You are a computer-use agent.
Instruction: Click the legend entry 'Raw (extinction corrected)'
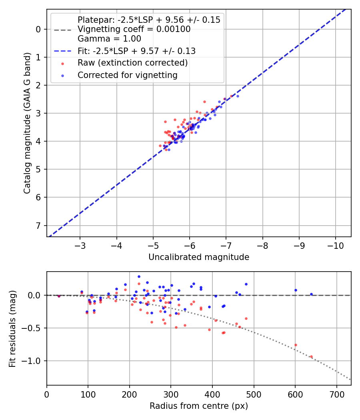click(x=132, y=63)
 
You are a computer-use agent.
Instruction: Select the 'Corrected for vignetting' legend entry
click(x=127, y=75)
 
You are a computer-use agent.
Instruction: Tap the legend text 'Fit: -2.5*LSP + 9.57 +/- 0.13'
click(x=136, y=51)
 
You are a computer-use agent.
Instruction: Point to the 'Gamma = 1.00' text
click(x=109, y=39)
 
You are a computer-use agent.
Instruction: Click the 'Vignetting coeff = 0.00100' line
click(x=134, y=29)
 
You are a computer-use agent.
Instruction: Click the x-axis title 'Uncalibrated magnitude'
click(x=199, y=257)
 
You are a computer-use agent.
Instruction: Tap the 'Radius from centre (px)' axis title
click(x=199, y=406)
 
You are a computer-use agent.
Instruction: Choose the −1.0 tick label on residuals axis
click(x=33, y=361)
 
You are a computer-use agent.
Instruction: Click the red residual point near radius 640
click(x=311, y=357)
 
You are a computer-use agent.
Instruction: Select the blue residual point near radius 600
click(x=296, y=290)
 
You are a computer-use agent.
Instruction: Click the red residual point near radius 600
click(x=296, y=345)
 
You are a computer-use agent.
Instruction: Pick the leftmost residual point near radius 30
click(x=59, y=296)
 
